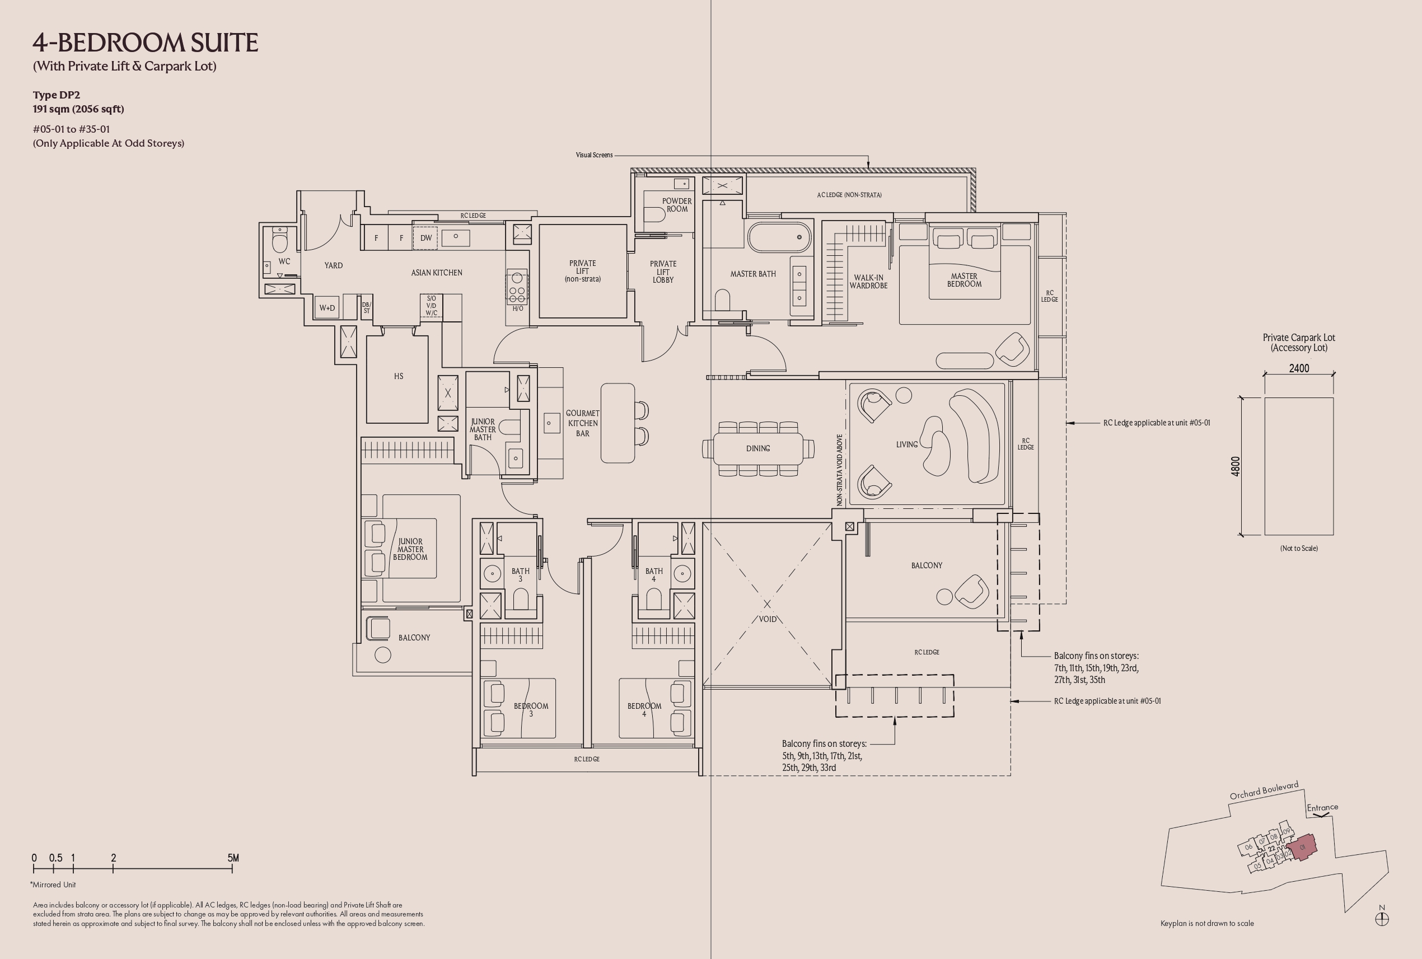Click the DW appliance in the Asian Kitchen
click(425, 238)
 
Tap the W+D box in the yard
click(327, 308)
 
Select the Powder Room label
click(677, 205)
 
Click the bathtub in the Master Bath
click(779, 237)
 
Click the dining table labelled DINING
click(759, 448)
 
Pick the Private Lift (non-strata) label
click(582, 271)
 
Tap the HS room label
click(399, 376)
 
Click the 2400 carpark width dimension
click(1299, 368)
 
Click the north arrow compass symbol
click(1382, 919)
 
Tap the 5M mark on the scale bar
click(233, 858)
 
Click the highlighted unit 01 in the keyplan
click(1302, 848)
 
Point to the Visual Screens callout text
click(594, 155)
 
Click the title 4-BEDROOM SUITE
click(146, 42)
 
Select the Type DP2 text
click(57, 95)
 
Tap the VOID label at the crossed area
click(768, 619)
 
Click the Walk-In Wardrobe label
click(868, 282)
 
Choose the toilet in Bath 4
click(654, 600)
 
